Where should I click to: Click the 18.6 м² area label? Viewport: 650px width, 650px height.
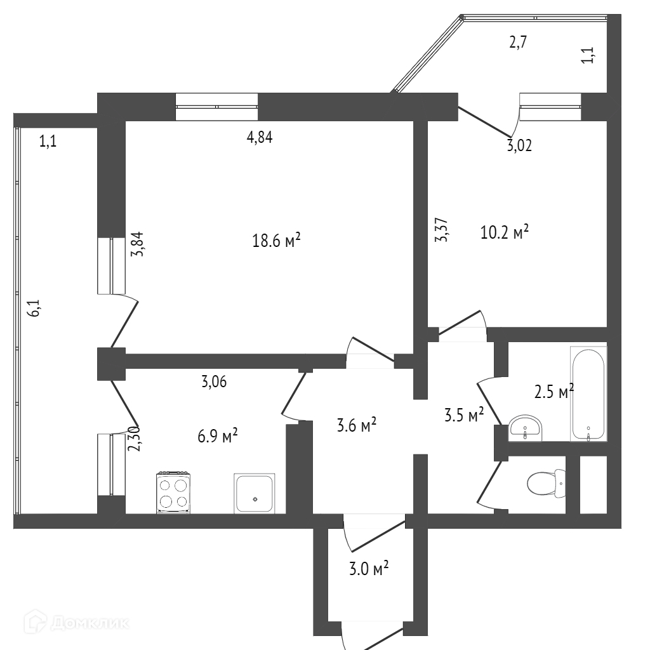click(x=276, y=241)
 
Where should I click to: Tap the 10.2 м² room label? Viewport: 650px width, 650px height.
click(x=505, y=233)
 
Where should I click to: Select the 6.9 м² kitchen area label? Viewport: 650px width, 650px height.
click(x=217, y=435)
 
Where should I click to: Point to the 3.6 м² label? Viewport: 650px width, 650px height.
click(x=356, y=424)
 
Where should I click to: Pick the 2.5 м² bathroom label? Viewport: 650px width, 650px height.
click(x=554, y=392)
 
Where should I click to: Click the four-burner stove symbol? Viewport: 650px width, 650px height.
click(x=173, y=492)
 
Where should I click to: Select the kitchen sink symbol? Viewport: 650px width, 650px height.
click(x=255, y=493)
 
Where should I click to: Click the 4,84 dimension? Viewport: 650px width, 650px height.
click(x=260, y=138)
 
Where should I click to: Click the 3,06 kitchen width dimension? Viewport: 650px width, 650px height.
click(x=214, y=381)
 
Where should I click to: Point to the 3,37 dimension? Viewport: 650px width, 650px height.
click(x=442, y=230)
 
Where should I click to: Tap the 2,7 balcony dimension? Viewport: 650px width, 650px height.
click(x=519, y=43)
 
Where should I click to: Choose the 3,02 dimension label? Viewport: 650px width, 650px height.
click(x=519, y=146)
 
